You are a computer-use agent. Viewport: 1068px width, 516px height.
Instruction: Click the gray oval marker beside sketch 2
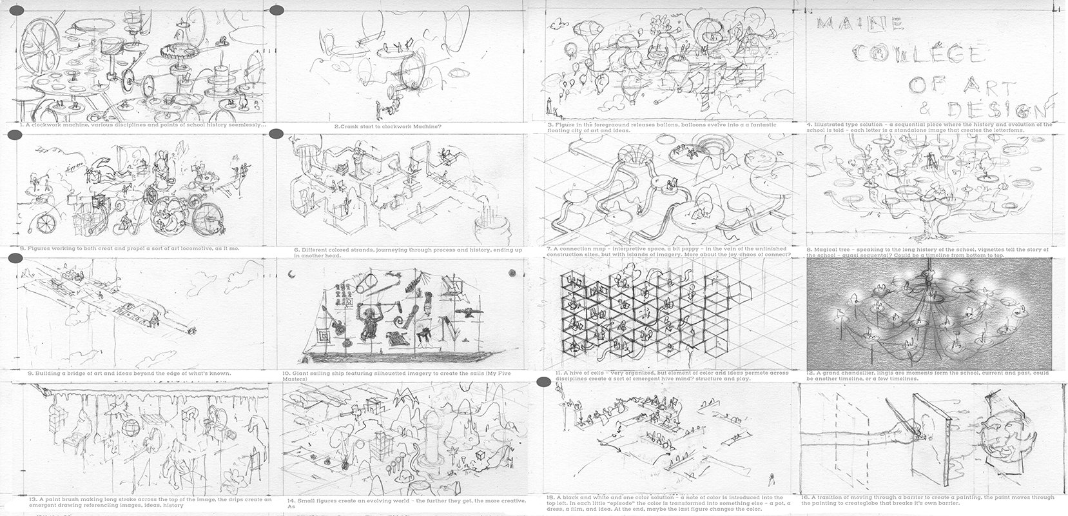(x=278, y=11)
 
